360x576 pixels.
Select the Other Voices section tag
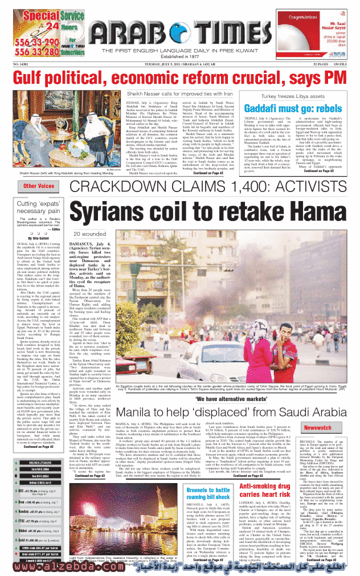tap(39, 186)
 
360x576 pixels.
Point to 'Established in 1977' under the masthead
tap(174, 56)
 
